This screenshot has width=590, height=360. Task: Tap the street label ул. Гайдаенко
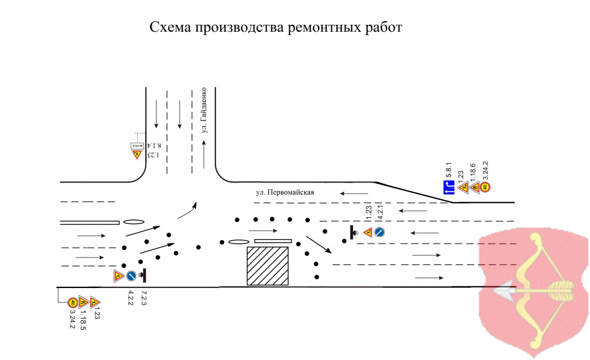[204, 110]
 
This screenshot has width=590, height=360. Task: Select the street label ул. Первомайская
[285, 192]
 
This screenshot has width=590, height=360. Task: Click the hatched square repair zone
[267, 266]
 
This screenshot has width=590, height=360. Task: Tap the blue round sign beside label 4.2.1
[379, 232]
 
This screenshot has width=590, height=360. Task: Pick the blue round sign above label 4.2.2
[131, 276]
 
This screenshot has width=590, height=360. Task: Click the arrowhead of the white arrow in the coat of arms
[498, 291]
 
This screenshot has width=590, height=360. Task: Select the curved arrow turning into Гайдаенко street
[187, 210]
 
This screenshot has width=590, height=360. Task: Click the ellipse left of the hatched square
[238, 242]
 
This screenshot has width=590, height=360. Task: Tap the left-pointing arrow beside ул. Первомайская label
[354, 194]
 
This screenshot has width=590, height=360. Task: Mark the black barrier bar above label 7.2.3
[144, 276]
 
